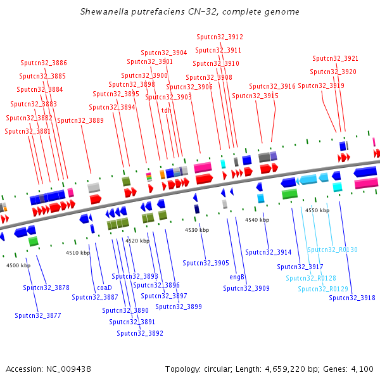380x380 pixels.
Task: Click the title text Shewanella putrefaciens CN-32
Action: pos(190,12)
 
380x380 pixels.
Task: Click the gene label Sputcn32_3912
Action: pos(219,37)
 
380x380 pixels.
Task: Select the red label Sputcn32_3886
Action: pos(44,63)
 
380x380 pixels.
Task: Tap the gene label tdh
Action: pos(167,110)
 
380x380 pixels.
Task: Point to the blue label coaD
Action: pos(104,288)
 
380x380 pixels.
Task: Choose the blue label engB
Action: pos(237,277)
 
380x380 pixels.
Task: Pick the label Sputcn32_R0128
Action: pos(311,279)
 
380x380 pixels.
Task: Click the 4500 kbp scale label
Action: pos(18,265)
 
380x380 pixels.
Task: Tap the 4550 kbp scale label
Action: pos(317,210)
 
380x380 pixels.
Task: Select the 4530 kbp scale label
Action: pos(197,230)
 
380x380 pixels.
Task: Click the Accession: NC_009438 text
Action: pos(49,369)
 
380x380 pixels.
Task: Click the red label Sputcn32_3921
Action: pos(336,58)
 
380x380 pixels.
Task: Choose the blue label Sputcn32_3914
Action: pos(269,252)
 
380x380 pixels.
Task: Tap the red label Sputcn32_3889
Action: pos(80,120)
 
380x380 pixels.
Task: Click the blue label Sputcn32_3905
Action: pos(206,263)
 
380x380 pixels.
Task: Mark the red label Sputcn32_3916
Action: pos(272,86)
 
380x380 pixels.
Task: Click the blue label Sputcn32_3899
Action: pos(179,307)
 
